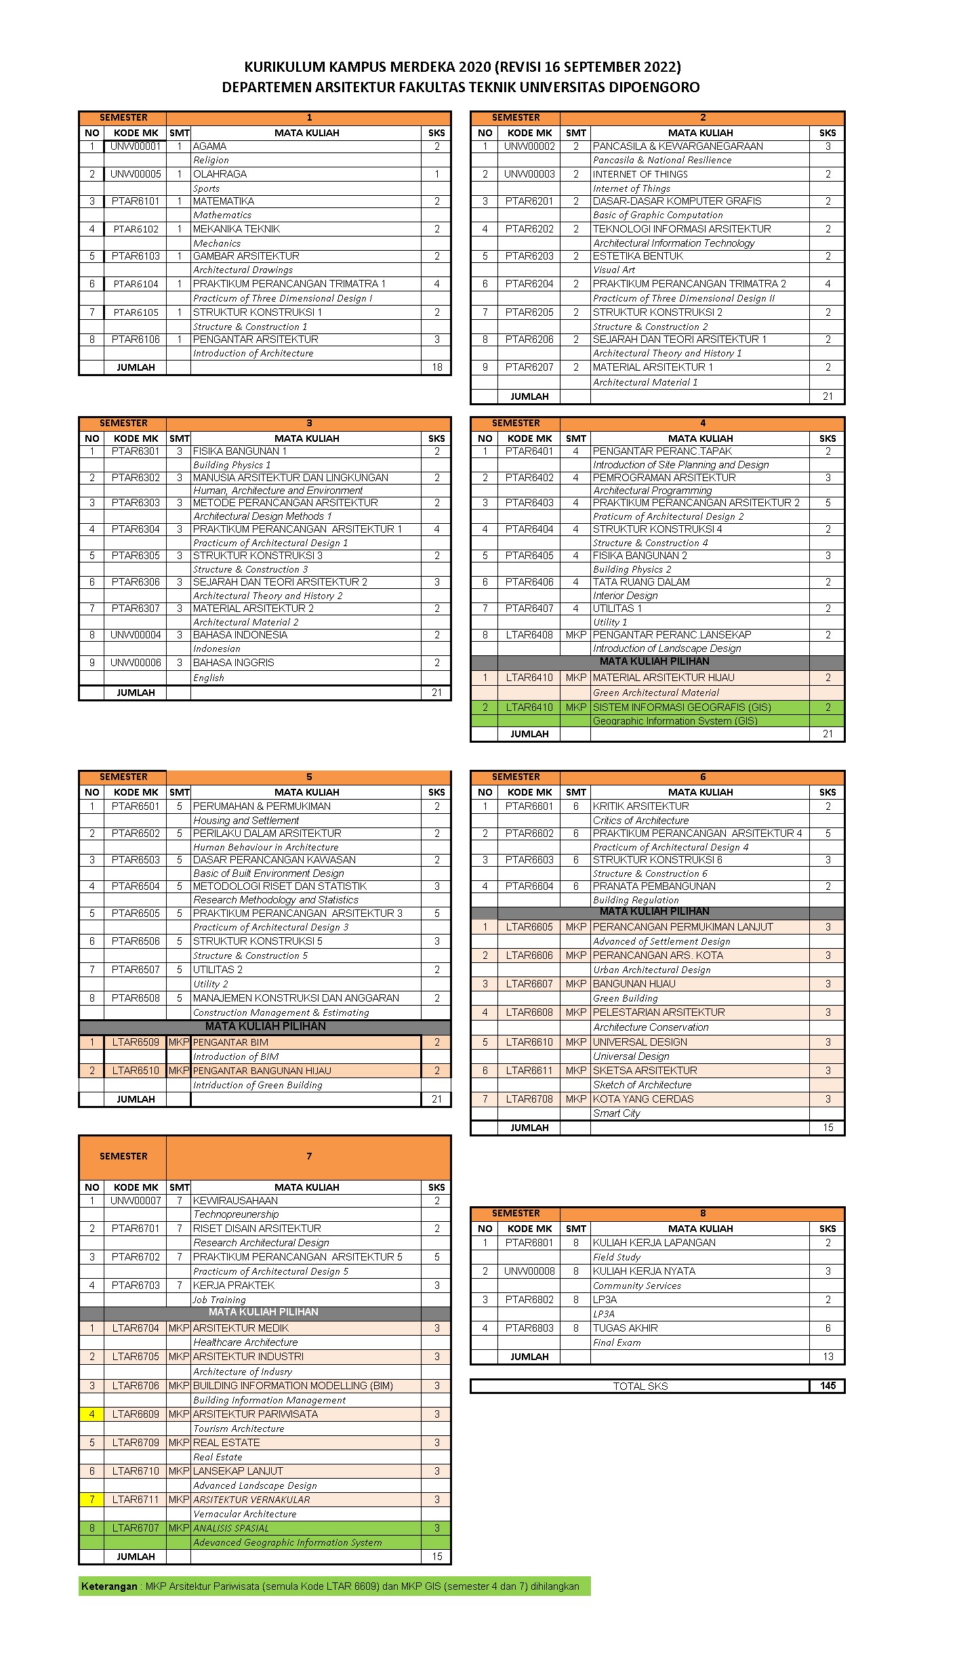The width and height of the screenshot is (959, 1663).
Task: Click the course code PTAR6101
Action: pyautogui.click(x=136, y=201)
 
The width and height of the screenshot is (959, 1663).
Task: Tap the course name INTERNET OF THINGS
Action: pyautogui.click(x=640, y=174)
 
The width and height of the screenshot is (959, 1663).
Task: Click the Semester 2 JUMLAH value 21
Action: pyautogui.click(x=828, y=396)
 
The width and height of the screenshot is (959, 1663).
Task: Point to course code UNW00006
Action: pyautogui.click(x=136, y=663)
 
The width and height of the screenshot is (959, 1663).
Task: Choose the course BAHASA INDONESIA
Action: pyautogui.click(x=240, y=635)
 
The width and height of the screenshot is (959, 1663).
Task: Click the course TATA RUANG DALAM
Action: pyautogui.click(x=641, y=582)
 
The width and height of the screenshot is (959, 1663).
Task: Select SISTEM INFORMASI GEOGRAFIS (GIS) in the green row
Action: pyautogui.click(x=682, y=707)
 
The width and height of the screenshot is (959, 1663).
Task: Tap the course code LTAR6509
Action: pyautogui.click(x=136, y=1042)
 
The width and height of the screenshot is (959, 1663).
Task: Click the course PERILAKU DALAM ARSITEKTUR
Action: pyautogui.click(x=267, y=834)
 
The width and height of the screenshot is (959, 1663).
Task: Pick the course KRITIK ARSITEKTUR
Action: pyautogui.click(x=640, y=806)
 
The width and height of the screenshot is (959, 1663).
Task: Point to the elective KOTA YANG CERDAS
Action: pyautogui.click(x=643, y=1099)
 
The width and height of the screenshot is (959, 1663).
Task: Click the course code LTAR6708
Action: pyautogui.click(x=529, y=1099)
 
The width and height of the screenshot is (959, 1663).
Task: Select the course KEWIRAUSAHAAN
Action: pyautogui.click(x=235, y=1201)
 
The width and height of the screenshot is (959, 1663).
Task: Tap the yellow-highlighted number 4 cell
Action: pyautogui.click(x=91, y=1414)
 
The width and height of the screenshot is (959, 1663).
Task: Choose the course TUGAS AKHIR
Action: pyautogui.click(x=625, y=1328)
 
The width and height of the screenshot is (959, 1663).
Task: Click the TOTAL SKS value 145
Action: pyautogui.click(x=828, y=1386)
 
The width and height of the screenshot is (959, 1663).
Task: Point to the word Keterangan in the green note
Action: pyautogui.click(x=109, y=1586)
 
